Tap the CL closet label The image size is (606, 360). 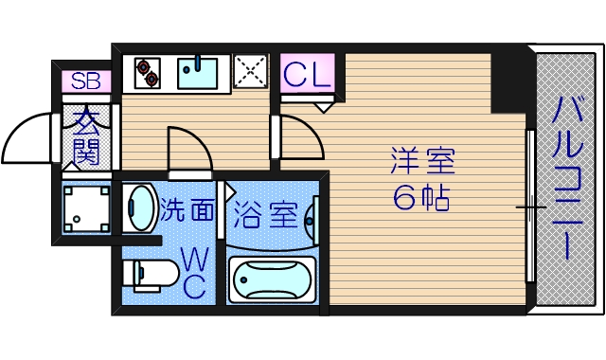point(308,73)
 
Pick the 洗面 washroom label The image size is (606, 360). point(187,210)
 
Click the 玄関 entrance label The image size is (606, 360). point(87,136)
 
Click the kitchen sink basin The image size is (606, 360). point(198,72)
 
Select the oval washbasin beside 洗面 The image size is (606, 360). point(140,208)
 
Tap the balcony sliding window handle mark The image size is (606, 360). point(530,207)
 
